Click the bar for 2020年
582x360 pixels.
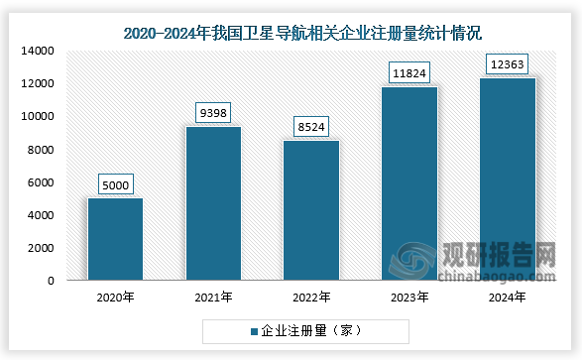tap(115, 239)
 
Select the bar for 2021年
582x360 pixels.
tap(213, 203)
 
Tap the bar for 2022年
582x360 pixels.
tap(311, 210)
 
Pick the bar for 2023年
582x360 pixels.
tap(409, 183)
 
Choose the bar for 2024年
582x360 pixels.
tap(508, 179)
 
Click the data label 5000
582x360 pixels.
tap(115, 184)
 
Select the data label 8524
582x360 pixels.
tap(311, 127)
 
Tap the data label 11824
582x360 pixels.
tap(409, 72)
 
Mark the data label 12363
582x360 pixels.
tap(508, 63)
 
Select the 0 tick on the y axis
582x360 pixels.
tap(50, 282)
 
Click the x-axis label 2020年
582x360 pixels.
tap(115, 297)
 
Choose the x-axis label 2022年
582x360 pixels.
tap(311, 297)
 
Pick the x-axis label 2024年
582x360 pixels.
tap(508, 297)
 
